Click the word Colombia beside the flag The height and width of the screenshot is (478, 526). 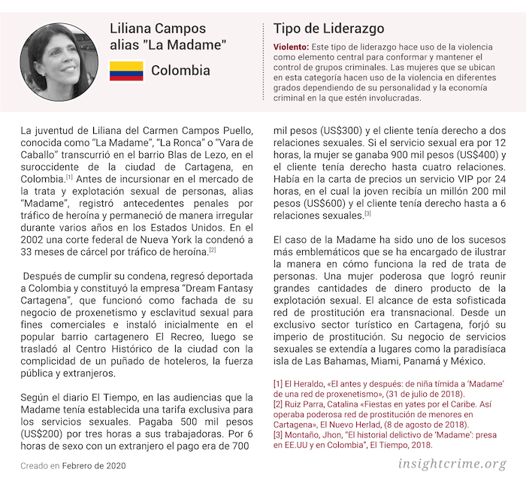[x=180, y=71]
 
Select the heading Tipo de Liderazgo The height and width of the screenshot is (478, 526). [x=328, y=29]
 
